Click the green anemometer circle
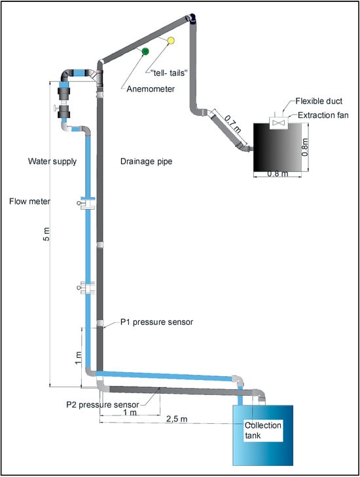145,51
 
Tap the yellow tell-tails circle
171,41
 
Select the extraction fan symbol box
279,123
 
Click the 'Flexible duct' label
319,101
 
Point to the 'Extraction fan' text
323,115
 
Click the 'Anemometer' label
151,89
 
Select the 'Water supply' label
52,161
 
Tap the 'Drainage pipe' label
147,161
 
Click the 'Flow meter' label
29,201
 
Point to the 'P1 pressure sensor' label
156,322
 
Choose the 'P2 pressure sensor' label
103,405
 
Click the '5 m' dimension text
46,234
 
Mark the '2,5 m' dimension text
177,419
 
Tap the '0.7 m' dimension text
233,124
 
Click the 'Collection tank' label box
264,430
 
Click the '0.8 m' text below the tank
278,174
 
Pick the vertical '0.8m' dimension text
305,147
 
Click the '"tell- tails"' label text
170,73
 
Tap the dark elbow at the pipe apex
191,18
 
